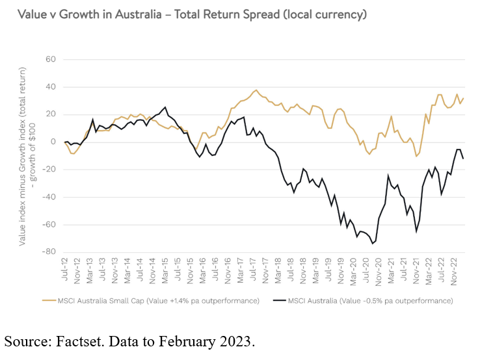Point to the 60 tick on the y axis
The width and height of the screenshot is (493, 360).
[51, 60]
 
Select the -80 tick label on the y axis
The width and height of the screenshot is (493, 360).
[49, 252]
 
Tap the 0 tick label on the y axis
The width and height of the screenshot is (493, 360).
[53, 142]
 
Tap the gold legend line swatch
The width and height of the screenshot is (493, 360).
[49, 301]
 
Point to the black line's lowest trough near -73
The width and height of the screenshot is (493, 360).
[372, 244]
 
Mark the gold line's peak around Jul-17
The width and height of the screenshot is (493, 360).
[256, 90]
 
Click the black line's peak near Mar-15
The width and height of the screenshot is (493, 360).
[165, 107]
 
